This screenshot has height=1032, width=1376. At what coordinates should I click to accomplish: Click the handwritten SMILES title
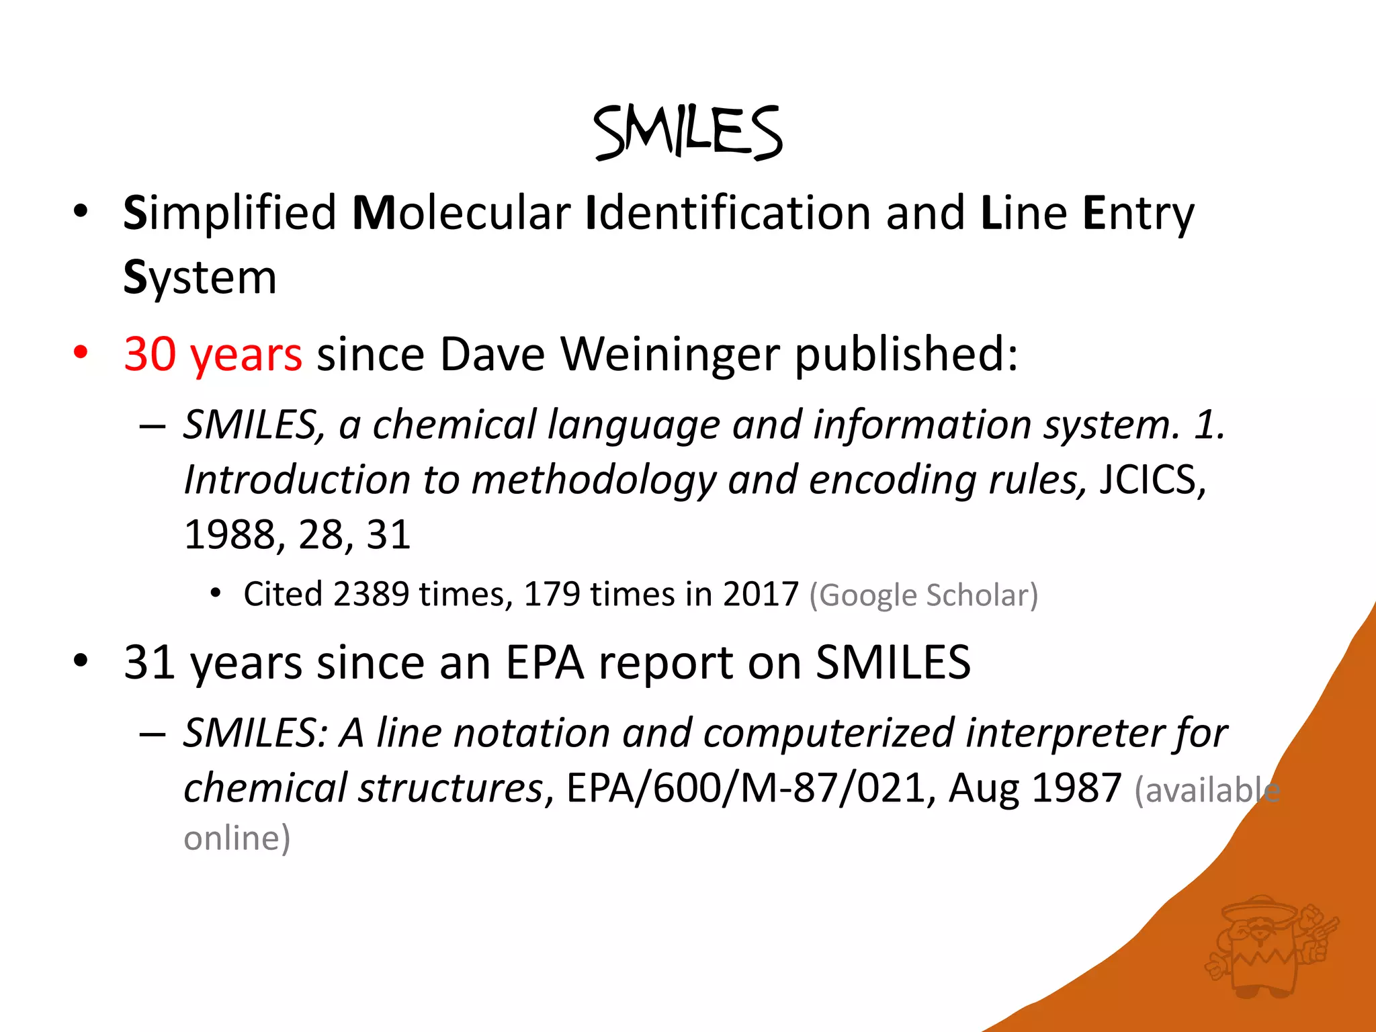[x=687, y=132]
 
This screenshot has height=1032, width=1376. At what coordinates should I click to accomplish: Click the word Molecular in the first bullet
[x=462, y=213]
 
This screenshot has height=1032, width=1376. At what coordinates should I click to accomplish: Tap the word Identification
[x=728, y=213]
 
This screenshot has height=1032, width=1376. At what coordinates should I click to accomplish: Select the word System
[x=200, y=277]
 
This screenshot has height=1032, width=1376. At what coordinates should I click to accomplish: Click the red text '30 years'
[x=212, y=354]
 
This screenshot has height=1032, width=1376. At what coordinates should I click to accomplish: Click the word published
[x=906, y=354]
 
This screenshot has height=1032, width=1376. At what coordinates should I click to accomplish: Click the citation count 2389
[x=370, y=595]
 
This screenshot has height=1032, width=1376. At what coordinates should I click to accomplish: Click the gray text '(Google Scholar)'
[x=923, y=595]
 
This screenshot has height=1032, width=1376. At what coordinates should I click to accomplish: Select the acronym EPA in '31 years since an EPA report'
[x=544, y=662]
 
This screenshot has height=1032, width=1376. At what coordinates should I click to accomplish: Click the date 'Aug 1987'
[x=1035, y=788]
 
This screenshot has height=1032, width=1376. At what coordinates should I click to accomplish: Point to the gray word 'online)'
[x=236, y=838]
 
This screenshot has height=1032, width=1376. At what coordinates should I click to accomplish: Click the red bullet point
[x=81, y=352]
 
